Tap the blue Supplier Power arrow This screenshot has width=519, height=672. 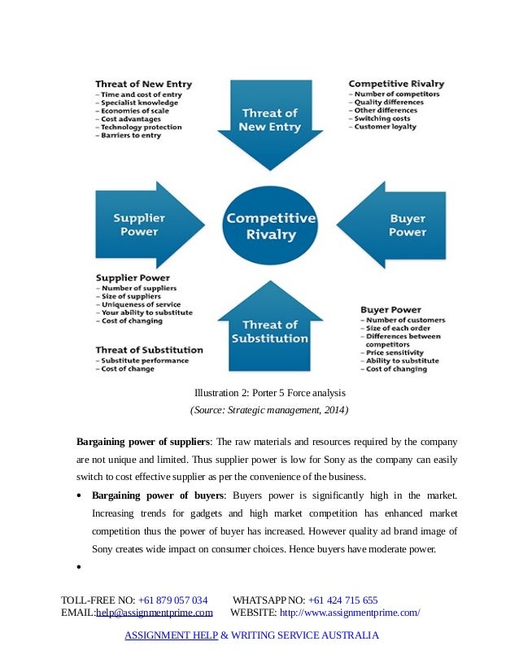click(146, 225)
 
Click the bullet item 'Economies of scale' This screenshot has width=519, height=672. click(129, 110)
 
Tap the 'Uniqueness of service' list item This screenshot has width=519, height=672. click(137, 304)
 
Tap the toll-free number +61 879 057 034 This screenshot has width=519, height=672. click(172, 600)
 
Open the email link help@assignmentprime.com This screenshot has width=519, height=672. click(155, 613)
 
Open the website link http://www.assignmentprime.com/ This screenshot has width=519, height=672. click(350, 613)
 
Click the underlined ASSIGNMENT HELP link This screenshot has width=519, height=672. click(171, 635)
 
